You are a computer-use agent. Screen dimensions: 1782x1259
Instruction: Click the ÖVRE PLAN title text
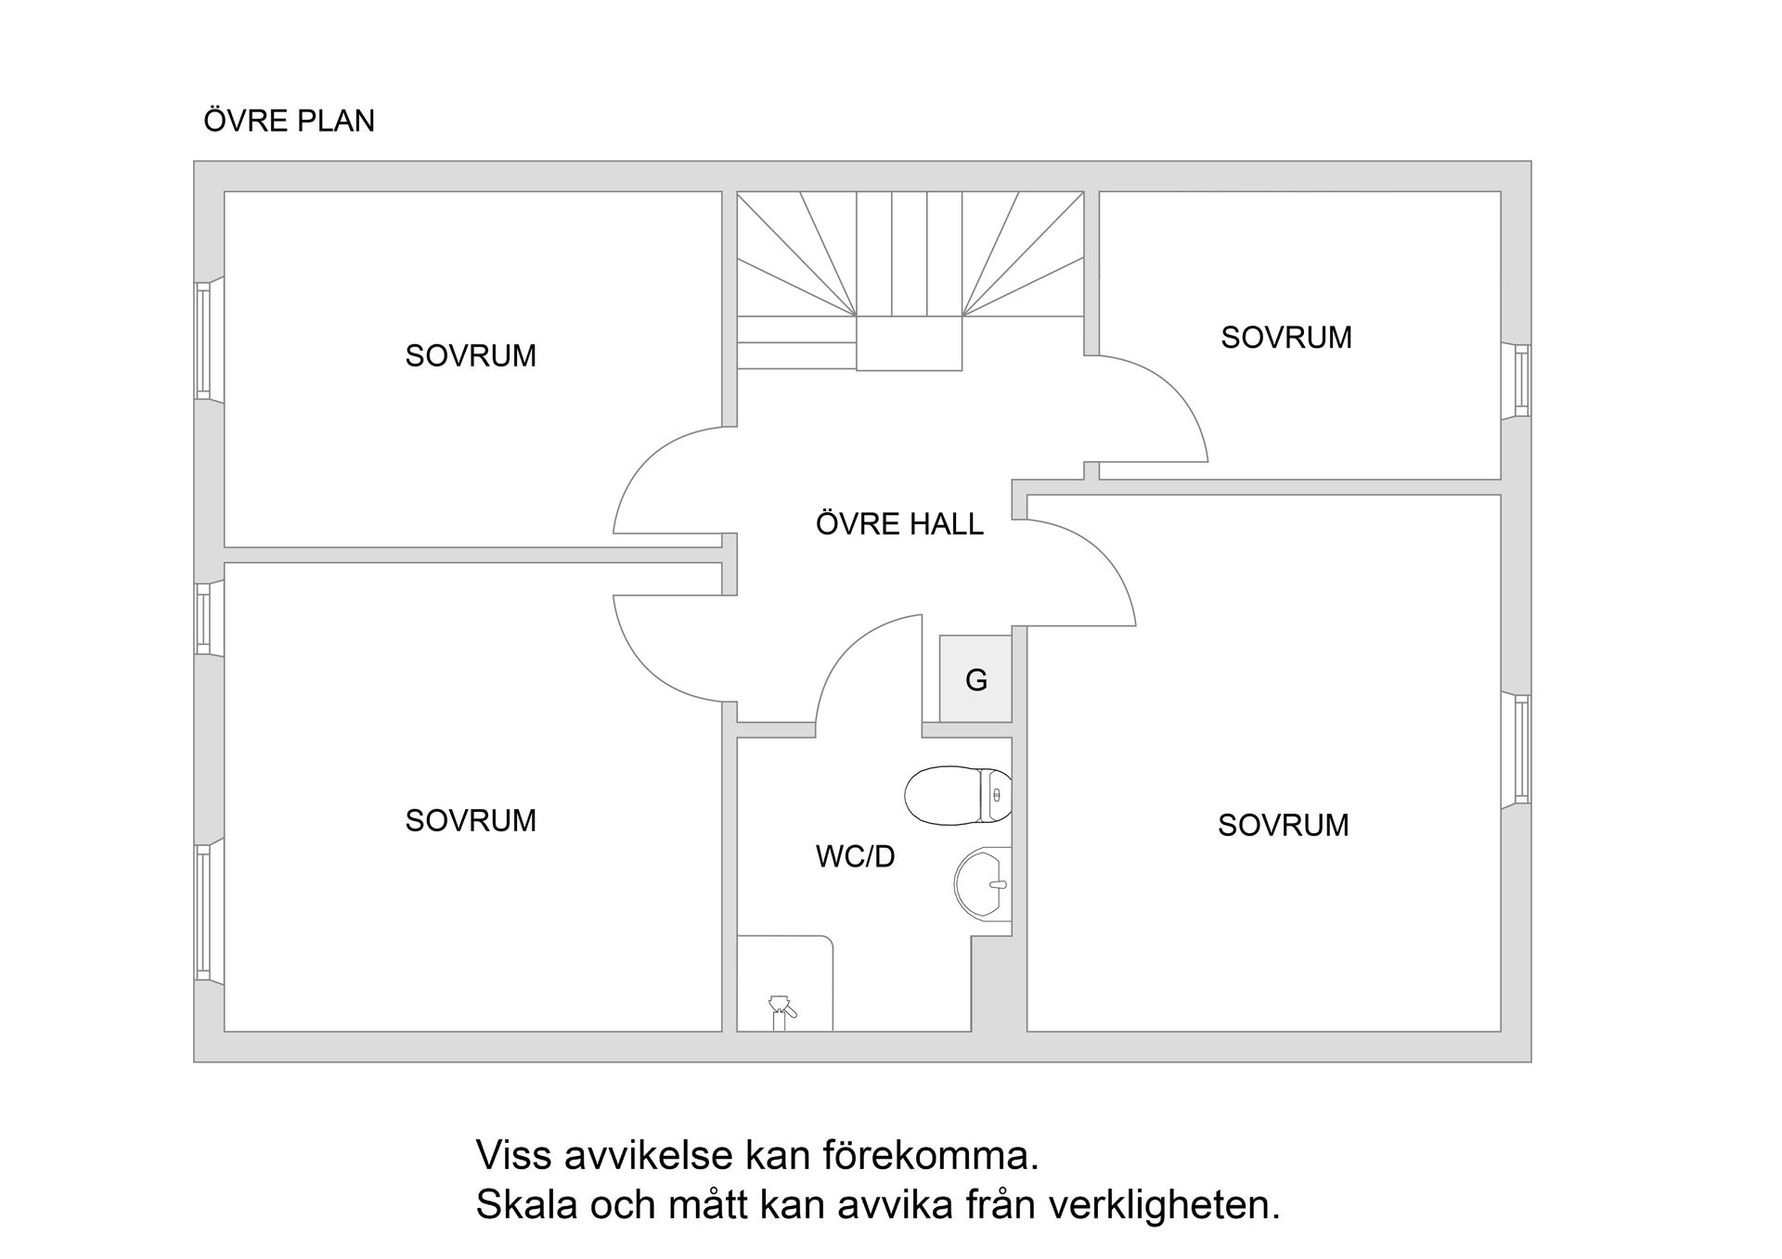(289, 121)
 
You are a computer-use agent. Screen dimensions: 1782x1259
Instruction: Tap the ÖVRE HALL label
(899, 524)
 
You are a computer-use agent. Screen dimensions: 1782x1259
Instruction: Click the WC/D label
(855, 856)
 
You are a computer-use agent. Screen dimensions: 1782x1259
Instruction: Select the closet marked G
(975, 678)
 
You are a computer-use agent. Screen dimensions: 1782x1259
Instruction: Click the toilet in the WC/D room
(958, 795)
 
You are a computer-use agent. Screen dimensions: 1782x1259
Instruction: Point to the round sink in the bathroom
(982, 883)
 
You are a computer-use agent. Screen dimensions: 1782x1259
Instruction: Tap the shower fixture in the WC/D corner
(781, 1011)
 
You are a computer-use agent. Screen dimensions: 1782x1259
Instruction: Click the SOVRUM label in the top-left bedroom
(471, 355)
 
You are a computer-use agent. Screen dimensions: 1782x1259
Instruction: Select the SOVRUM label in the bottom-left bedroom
(471, 820)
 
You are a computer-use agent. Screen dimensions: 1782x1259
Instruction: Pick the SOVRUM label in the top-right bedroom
(1286, 337)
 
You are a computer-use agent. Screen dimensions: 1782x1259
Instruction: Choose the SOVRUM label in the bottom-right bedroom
(1284, 825)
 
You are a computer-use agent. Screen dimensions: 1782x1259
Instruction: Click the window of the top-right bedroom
(1521, 380)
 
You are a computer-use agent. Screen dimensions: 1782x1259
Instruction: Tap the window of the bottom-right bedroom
(1521, 750)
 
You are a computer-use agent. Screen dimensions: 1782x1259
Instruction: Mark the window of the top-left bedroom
(203, 340)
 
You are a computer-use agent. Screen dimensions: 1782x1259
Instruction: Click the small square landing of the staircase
(909, 343)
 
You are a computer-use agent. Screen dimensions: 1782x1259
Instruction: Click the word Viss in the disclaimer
(506, 1156)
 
